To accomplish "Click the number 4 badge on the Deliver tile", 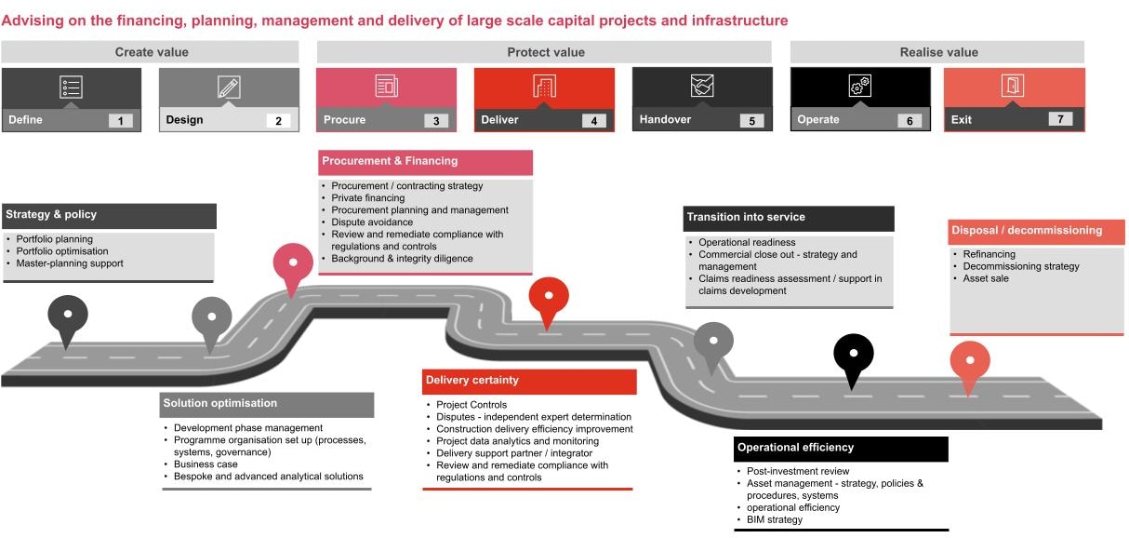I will point(593,120).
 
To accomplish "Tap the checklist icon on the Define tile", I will point(71,87).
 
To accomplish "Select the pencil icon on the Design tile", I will point(229,87).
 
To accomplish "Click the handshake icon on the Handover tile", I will point(702,87).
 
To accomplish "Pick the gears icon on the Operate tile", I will point(859,87).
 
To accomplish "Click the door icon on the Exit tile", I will point(1013,87).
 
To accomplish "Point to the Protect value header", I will point(546,52).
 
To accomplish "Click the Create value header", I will point(150,52).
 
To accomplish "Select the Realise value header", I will point(938,52).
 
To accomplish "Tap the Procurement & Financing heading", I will point(391,161).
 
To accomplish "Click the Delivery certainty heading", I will point(472,380).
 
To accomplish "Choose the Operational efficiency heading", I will point(795,448).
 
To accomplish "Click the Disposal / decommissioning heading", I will point(1026,230).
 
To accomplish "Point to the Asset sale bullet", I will point(985,278).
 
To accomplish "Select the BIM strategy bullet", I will point(775,519).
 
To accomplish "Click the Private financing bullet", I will point(368,198).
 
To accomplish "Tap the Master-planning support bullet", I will point(70,263).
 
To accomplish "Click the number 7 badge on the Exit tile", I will point(1059,119).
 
